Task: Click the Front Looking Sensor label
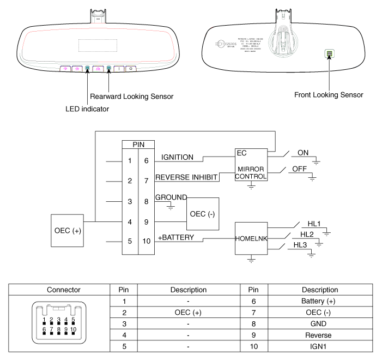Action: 329,95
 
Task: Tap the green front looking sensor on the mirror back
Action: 329,54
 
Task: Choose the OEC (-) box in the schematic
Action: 203,212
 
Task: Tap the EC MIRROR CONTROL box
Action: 251,166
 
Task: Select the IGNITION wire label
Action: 178,157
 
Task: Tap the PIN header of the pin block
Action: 138,145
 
